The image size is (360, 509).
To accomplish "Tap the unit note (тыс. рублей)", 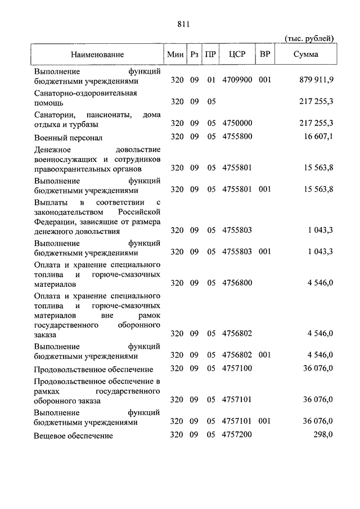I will (x=309, y=38).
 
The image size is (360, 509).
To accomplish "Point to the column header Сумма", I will (x=305, y=55).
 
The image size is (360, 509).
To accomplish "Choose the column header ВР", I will (x=264, y=55).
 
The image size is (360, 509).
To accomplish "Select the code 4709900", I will (x=237, y=80).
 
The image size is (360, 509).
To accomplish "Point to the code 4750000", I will (x=237, y=123).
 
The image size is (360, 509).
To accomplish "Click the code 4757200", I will (x=237, y=435).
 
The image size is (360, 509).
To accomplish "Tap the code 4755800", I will (x=237, y=137).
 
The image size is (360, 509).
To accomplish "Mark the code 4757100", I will (x=237, y=369).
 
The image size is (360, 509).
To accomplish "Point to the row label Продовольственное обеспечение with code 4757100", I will (x=93, y=370).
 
